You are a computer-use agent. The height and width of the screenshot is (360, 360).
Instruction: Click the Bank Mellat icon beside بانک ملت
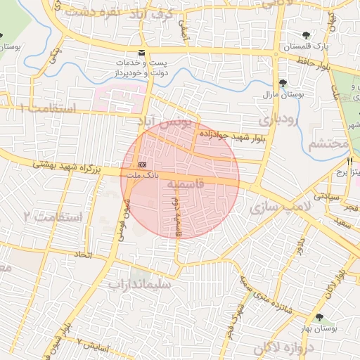pyautogui.click(x=143, y=164)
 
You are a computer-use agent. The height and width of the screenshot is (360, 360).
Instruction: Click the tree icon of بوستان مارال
pyautogui.click(x=283, y=84)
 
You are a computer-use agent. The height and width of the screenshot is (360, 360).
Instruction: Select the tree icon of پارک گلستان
pyautogui.click(x=307, y=34)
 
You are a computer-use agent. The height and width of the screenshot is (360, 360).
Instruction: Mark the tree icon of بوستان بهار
pyautogui.click(x=321, y=318)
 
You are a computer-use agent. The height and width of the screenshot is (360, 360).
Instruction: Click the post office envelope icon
pyautogui.click(x=143, y=53)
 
